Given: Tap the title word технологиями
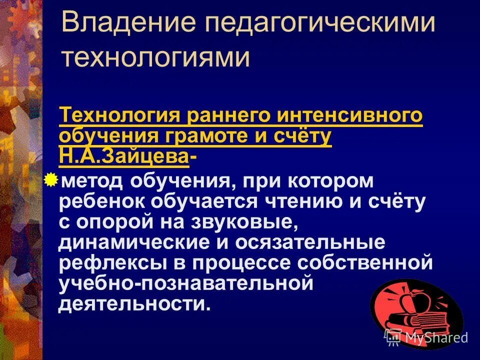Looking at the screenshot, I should point(155,58).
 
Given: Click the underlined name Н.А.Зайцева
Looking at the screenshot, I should point(124,156).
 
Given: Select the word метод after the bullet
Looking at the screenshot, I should point(91,181).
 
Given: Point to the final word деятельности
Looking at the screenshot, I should point(132,304).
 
